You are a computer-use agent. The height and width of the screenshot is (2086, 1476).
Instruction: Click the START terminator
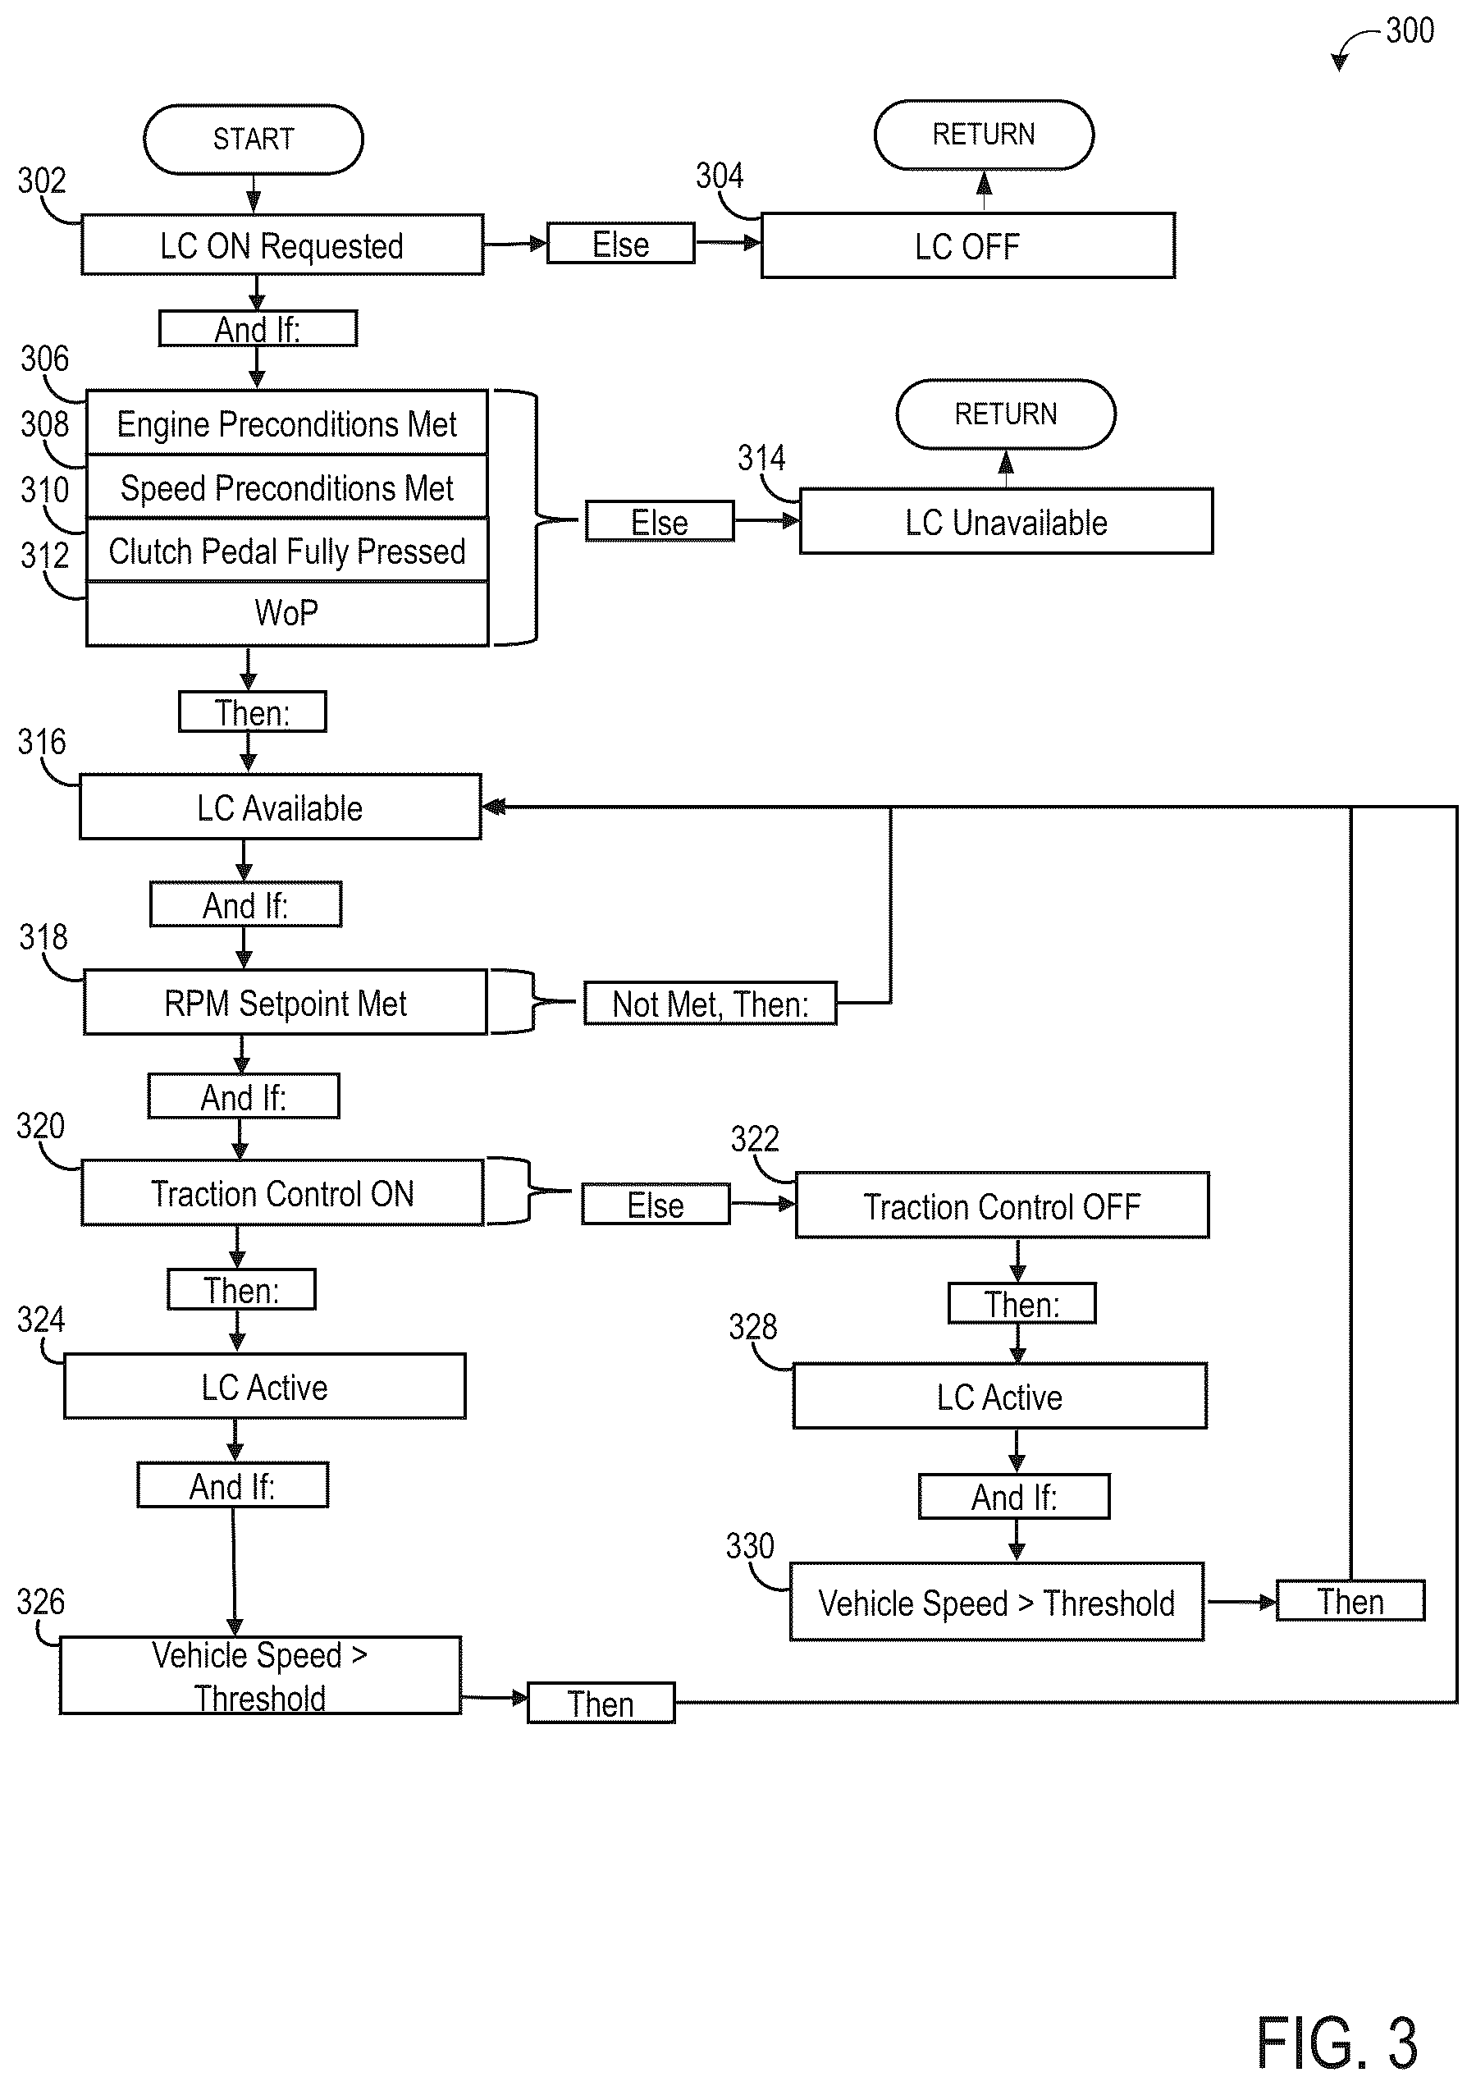click(x=254, y=139)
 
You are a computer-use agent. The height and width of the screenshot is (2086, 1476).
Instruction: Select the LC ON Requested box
click(x=281, y=245)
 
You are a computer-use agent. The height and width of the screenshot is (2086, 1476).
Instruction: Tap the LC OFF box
click(x=968, y=245)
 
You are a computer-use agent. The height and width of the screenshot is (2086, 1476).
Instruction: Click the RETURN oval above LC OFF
click(x=985, y=135)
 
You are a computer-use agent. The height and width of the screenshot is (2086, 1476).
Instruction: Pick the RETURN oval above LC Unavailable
click(x=1006, y=414)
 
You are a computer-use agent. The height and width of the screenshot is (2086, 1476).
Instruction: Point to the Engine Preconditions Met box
click(x=287, y=423)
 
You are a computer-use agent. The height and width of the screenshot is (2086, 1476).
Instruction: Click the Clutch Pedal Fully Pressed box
click(x=287, y=551)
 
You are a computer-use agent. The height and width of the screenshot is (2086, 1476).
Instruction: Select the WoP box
click(x=287, y=614)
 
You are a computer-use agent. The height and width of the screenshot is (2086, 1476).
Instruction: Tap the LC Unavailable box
click(x=1006, y=522)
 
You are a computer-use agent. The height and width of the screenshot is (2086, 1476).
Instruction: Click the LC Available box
click(x=280, y=807)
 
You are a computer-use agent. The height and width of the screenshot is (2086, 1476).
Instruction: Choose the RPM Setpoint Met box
click(x=286, y=1003)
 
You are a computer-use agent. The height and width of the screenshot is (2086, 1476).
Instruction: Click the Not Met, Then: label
click(x=710, y=1004)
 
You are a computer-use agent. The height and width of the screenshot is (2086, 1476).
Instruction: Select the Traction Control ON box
click(x=283, y=1192)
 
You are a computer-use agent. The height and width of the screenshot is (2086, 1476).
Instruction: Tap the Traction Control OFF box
click(x=1003, y=1205)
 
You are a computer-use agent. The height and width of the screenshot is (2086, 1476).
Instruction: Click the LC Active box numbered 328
click(x=1000, y=1396)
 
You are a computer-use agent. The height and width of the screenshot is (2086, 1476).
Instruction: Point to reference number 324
click(x=41, y=1319)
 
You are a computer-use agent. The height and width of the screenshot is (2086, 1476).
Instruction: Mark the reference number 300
click(x=1410, y=31)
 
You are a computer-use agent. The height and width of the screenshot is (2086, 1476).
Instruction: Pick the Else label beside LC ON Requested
click(x=621, y=244)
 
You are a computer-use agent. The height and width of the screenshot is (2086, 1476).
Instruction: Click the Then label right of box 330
click(x=1350, y=1601)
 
